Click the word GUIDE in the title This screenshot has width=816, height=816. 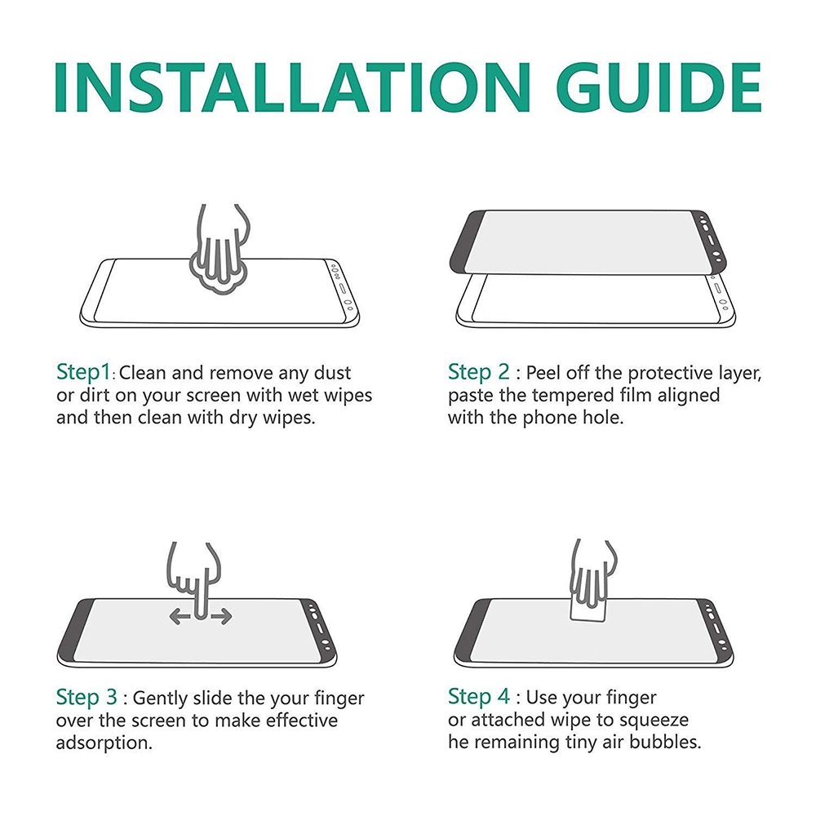(663, 87)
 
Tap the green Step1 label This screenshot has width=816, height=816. (84, 373)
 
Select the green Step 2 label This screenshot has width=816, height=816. (479, 373)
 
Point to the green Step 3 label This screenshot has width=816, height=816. (86, 698)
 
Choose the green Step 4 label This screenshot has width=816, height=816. (479, 697)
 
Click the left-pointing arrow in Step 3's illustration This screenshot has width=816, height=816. (180, 617)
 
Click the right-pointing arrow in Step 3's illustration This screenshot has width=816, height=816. (221, 617)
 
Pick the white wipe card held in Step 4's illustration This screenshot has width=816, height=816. (589, 606)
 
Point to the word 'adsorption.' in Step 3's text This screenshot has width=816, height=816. (104, 743)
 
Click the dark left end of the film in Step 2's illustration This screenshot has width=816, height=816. (466, 241)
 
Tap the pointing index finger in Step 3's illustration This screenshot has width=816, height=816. (201, 593)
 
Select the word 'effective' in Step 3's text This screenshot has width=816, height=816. (302, 721)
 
